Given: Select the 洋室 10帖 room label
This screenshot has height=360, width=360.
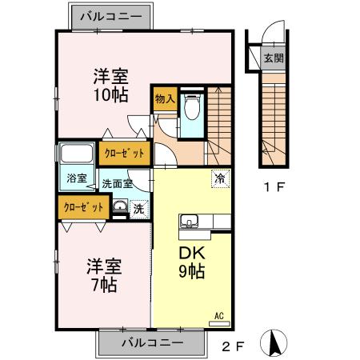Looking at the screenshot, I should [x=111, y=85].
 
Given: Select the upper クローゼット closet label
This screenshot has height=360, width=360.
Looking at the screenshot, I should [x=125, y=153].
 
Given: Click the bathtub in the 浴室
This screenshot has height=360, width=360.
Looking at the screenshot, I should [x=76, y=154].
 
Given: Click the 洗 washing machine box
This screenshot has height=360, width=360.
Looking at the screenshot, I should [x=138, y=207].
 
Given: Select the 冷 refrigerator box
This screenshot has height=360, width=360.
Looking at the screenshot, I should [x=218, y=179].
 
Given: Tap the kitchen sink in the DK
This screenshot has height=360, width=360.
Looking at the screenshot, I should [x=191, y=221].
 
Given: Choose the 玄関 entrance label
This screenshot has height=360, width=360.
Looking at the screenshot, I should [x=274, y=58].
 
